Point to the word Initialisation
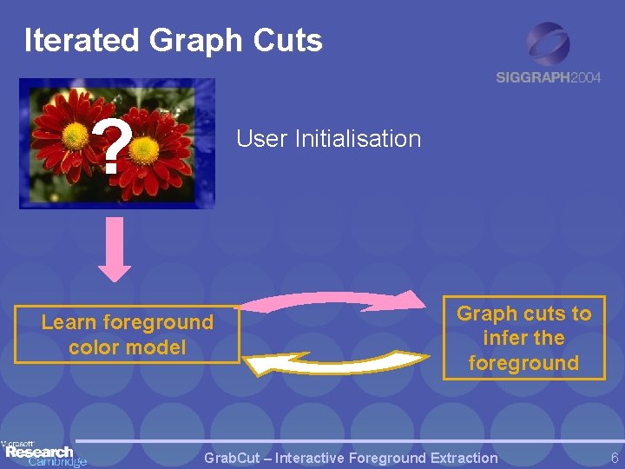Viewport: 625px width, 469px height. coord(358,139)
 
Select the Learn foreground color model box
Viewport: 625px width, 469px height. coord(127,334)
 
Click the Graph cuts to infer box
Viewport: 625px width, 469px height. coord(523,338)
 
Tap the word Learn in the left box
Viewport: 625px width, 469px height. coord(69,322)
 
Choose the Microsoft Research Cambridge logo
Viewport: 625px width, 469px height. coord(43,452)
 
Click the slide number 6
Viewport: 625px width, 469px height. coord(614,458)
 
